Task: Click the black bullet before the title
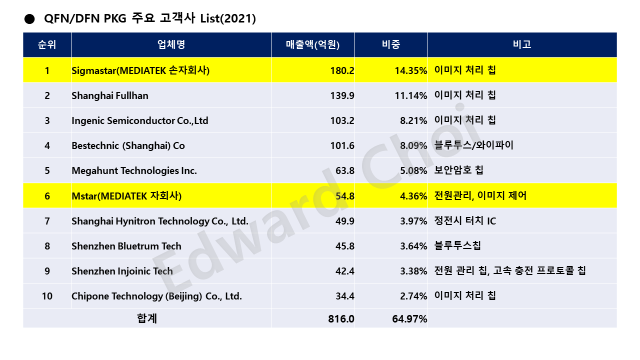click(29, 19)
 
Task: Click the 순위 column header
click(47, 44)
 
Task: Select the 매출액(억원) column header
click(312, 44)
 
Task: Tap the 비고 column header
click(522, 44)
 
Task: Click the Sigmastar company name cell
click(140, 70)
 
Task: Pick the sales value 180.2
click(342, 70)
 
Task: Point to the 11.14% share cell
click(410, 95)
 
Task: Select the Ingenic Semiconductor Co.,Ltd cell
click(140, 120)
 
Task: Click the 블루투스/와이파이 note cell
click(474, 145)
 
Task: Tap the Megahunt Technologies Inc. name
click(134, 170)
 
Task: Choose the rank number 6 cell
click(47, 195)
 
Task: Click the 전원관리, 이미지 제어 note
click(480, 195)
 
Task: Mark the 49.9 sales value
click(344, 221)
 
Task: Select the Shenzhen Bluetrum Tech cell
click(126, 246)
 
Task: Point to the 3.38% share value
click(413, 271)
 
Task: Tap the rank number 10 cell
click(47, 296)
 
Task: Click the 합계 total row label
click(147, 318)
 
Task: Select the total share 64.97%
click(409, 318)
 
